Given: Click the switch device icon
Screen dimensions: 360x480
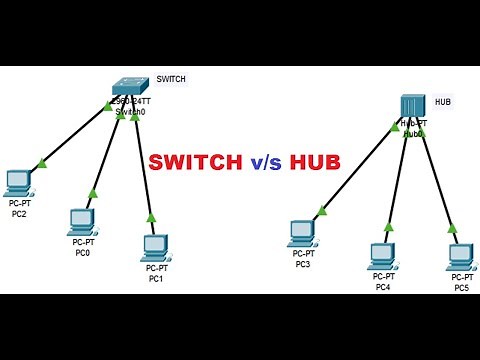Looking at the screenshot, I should tap(131, 85).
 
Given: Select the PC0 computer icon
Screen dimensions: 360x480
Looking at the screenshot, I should tap(82, 220).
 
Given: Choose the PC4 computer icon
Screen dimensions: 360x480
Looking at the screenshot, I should tap(382, 255).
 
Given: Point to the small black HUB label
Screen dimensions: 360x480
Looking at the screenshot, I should tap(444, 101).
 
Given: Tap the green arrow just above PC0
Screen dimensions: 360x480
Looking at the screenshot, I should tap(92, 193).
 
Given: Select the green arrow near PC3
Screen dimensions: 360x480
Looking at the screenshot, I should tap(322, 210).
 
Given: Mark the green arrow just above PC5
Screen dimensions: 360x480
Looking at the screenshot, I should tap(452, 228).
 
